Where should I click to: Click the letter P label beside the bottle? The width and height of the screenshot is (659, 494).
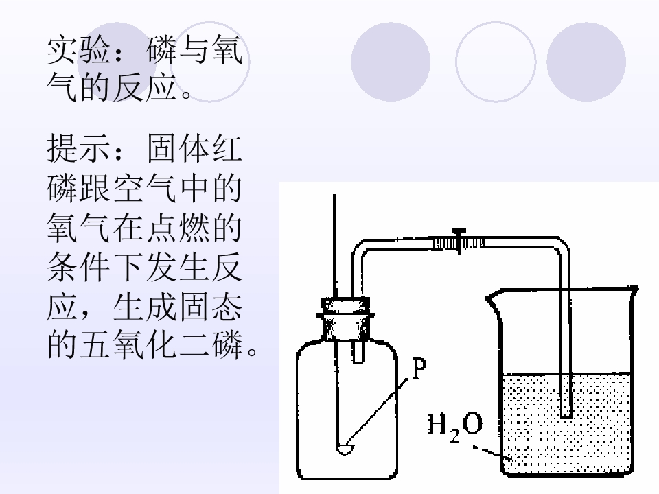419,368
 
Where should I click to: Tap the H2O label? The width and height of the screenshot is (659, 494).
455,427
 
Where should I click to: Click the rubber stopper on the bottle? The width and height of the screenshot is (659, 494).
346,319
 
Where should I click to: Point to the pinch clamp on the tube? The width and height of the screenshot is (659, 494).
459,242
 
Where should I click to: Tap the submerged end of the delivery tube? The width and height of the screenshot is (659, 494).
566,414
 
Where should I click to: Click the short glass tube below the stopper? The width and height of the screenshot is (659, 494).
358,351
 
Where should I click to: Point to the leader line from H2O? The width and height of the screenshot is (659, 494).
488,451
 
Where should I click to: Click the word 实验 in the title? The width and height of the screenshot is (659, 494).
78,49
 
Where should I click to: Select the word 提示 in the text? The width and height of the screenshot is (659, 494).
78,148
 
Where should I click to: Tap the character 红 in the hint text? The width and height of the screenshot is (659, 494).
227,148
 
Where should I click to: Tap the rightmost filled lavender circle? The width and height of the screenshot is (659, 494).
586,62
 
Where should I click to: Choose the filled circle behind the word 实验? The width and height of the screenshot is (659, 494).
117,62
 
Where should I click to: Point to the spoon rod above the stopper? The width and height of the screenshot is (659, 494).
334,246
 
